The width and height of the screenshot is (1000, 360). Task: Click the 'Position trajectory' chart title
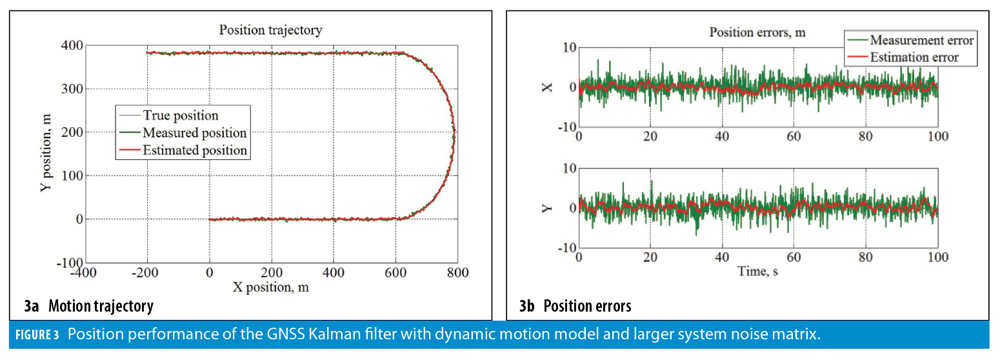tap(270, 30)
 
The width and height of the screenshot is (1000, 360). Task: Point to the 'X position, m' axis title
tap(270, 287)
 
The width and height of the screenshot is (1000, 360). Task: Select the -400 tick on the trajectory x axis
tap(85, 274)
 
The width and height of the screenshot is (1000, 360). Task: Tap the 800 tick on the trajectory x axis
tap(457, 274)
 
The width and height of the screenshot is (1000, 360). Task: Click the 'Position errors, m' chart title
tap(757, 32)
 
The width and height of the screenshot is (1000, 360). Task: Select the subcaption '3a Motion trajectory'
tap(89, 306)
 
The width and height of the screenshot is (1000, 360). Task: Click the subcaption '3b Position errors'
tap(575, 306)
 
